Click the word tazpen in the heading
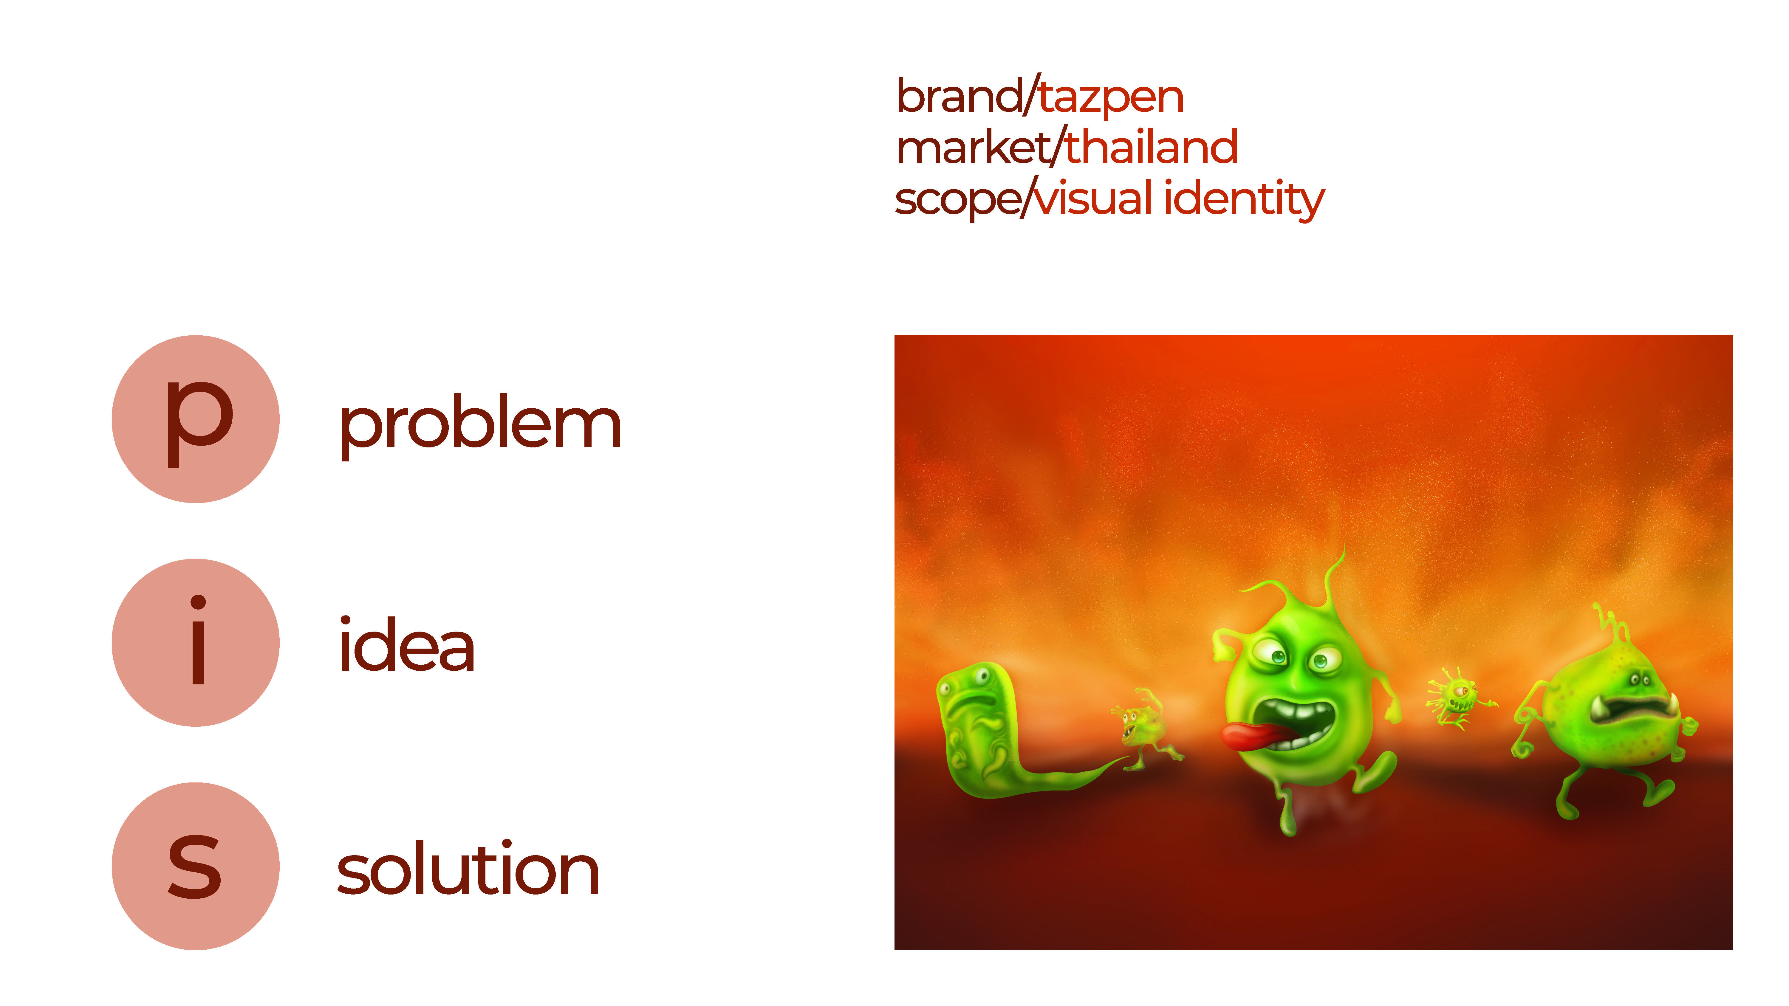pos(1111,97)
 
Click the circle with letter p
pos(196,419)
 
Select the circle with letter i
pos(196,643)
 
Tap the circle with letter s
pos(196,867)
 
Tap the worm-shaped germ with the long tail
pos(1000,736)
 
